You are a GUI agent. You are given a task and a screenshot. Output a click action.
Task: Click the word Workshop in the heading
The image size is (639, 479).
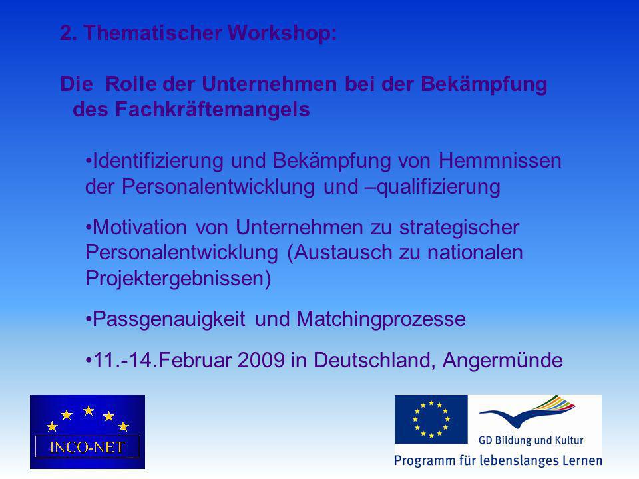(282, 33)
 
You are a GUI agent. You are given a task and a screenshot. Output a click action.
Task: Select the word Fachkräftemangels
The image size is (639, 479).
(212, 109)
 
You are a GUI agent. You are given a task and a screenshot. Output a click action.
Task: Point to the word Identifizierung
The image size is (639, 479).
(158, 160)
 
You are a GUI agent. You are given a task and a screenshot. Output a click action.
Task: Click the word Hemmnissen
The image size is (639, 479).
(500, 160)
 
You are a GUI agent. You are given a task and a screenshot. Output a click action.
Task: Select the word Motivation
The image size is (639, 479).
(140, 227)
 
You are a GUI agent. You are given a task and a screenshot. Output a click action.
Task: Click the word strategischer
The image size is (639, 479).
(459, 228)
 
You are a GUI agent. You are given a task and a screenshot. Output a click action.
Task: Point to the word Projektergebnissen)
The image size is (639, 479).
(178, 279)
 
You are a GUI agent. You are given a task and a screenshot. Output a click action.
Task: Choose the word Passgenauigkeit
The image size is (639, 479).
(169, 319)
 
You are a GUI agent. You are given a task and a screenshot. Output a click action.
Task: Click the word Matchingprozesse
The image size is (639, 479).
(381, 319)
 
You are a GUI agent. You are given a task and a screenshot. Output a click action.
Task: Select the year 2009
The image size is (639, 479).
(261, 360)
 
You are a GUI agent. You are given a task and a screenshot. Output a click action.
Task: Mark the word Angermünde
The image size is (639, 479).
(503, 361)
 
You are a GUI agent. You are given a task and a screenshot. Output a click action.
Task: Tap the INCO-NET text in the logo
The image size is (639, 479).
(87, 448)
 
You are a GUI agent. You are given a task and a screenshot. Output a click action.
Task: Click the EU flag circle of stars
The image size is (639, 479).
(431, 419)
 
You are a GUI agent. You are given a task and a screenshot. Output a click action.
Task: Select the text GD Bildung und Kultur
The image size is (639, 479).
(531, 440)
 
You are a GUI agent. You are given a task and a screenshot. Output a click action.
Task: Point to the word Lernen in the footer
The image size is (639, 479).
(583, 460)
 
